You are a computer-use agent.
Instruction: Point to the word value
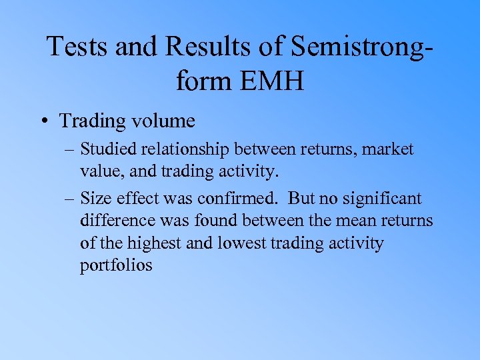tap(98, 171)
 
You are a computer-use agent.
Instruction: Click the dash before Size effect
tap(69, 199)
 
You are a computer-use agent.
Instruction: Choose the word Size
tap(94, 198)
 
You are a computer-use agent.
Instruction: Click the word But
tap(301, 198)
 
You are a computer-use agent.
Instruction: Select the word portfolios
tap(116, 265)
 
